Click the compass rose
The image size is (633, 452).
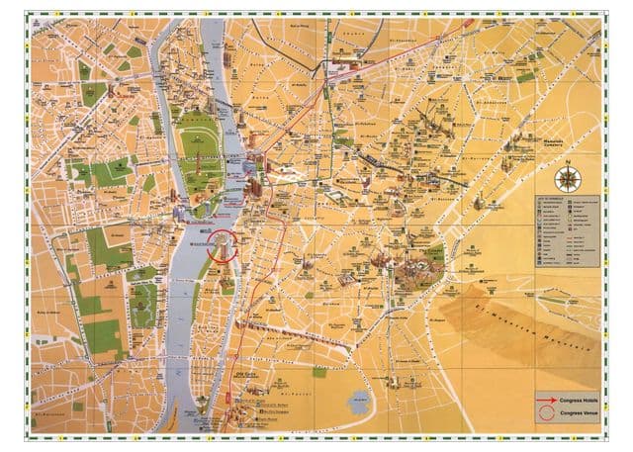click(x=568, y=179)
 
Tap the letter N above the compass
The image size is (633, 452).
click(x=568, y=165)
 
